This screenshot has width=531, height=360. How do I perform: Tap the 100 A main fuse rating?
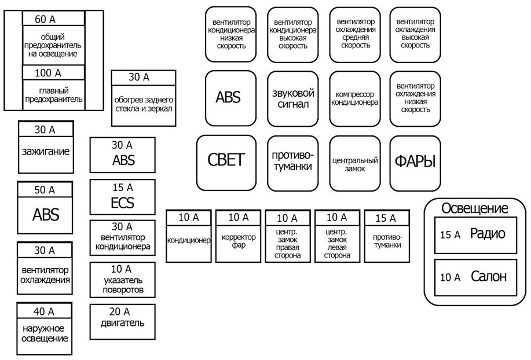[x=47, y=73]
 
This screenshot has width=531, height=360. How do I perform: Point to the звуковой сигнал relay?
[x=293, y=98]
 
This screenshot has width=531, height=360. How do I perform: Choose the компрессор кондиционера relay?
[x=354, y=98]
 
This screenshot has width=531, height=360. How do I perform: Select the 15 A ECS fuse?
[x=122, y=196]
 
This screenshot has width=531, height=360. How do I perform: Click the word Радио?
[x=487, y=234]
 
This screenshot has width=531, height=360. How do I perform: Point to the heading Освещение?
[x=475, y=208]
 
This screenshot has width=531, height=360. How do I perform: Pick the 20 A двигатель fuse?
[x=122, y=317]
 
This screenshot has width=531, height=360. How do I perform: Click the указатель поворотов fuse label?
[x=122, y=285]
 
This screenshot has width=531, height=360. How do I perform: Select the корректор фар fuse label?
[x=238, y=241]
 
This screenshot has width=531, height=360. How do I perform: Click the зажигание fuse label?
[x=46, y=152]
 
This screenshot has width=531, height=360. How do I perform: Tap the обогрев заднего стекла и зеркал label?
[x=143, y=103]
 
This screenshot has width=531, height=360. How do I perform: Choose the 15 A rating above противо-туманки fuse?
[x=387, y=218]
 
